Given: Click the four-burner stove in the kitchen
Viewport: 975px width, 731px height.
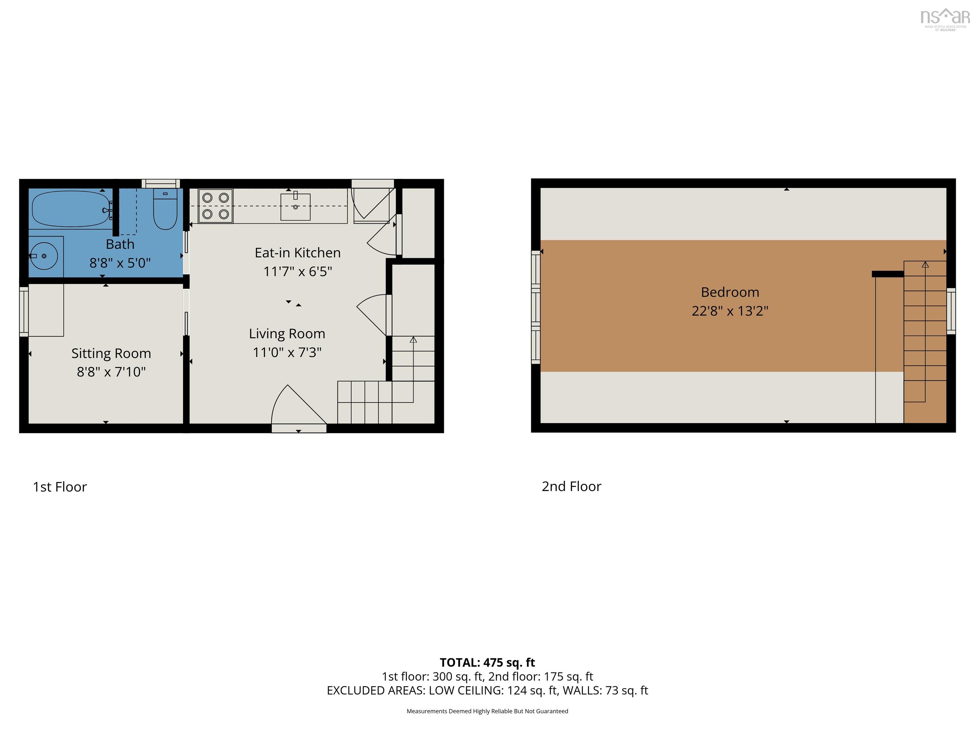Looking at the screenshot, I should pos(215,206).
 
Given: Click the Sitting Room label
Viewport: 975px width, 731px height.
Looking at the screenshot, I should pos(111,353).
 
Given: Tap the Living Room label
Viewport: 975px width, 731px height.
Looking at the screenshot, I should pos(287,333).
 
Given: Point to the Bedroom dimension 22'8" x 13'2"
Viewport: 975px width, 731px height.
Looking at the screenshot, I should pos(730,311).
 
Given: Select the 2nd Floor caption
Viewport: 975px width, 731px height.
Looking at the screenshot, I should pos(571,486).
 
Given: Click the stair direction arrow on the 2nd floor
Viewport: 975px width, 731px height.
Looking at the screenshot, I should pos(925,265).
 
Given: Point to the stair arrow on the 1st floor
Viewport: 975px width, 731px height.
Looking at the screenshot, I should pos(413,340).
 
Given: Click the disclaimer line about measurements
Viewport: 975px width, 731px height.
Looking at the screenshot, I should pos(487,711).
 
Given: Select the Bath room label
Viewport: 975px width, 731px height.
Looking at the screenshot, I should pos(120,244).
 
